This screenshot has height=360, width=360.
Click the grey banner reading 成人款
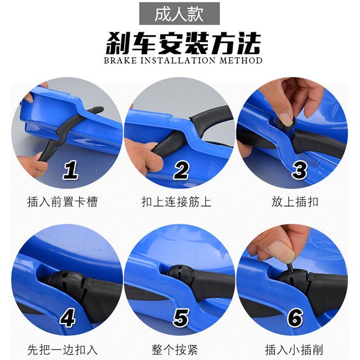pyautogui.click(x=179, y=13)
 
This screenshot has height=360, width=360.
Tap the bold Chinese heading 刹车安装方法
pyautogui.click(x=183, y=44)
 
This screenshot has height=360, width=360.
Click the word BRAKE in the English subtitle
pyautogui.click(x=120, y=61)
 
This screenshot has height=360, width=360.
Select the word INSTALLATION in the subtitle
pyautogui.click(x=178, y=61)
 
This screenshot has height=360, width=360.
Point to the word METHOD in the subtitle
pyautogui.click(x=241, y=61)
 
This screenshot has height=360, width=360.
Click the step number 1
pyautogui.click(x=71, y=170)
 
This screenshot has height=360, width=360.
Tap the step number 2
pyautogui.click(x=181, y=170)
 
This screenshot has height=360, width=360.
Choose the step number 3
pyautogui.click(x=299, y=170)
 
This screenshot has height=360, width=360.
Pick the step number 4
pyautogui.click(x=67, y=318)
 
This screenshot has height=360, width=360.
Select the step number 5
pyautogui.click(x=181, y=318)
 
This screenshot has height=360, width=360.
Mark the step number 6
pyautogui.click(x=295, y=318)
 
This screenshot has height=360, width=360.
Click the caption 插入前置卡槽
pyautogui.click(x=63, y=202)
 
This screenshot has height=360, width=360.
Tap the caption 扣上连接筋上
pyautogui.click(x=176, y=202)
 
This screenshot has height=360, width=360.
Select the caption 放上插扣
pyautogui.click(x=295, y=202)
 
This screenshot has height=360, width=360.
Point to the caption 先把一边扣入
pyautogui.click(x=63, y=350)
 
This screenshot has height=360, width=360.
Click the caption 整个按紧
pyautogui.click(x=175, y=350)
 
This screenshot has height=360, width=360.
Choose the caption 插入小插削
pyautogui.click(x=294, y=350)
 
